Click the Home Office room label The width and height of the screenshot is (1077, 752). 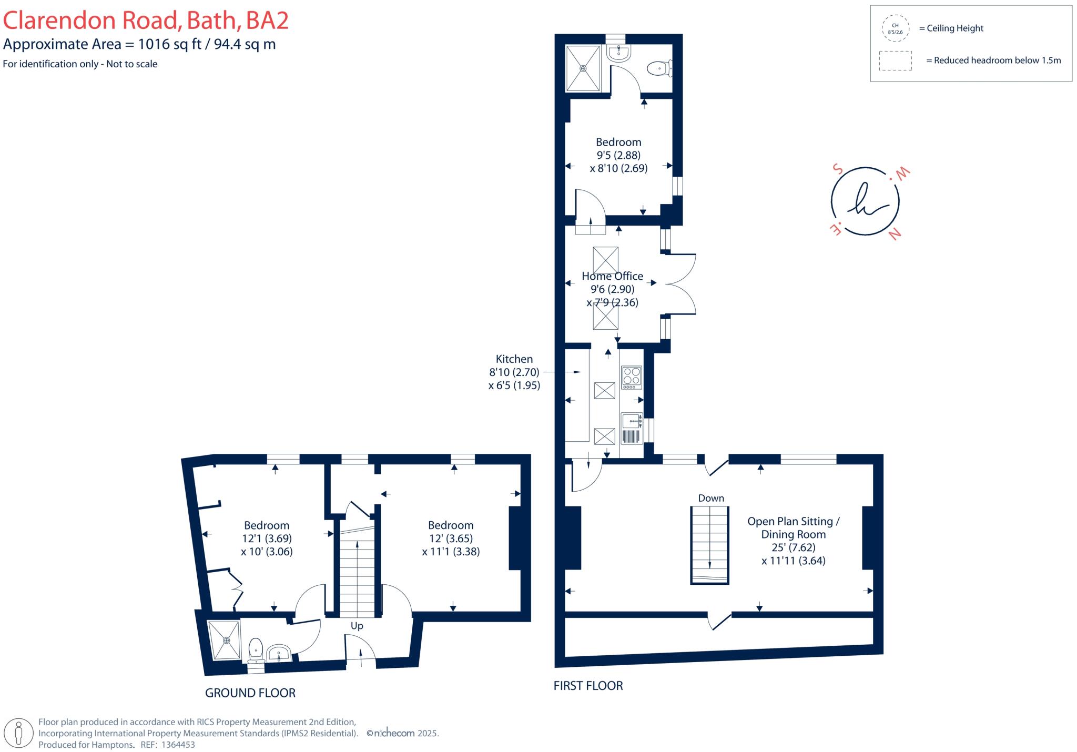coord(612,276)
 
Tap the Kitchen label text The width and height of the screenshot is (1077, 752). coord(514,359)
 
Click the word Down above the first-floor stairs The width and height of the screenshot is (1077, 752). coord(711,498)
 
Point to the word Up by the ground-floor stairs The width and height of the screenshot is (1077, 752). coord(357,626)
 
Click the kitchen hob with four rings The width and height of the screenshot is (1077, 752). coord(632,377)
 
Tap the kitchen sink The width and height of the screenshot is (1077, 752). coord(631,421)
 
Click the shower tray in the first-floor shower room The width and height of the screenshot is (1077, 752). coord(583,68)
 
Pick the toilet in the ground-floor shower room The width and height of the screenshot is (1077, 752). coord(256,649)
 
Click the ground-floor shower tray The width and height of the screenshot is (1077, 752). coord(226,640)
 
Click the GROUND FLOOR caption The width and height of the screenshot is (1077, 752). coord(250,693)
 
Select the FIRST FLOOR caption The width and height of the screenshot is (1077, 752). coord(588,686)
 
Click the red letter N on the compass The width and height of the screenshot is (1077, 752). coord(895,234)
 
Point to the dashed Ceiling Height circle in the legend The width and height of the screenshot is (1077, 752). coord(895,28)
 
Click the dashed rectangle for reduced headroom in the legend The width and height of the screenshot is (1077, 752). coord(895,60)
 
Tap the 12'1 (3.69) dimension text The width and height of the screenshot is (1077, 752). coord(267,538)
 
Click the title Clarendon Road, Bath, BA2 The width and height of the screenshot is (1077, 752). coord(146,21)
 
